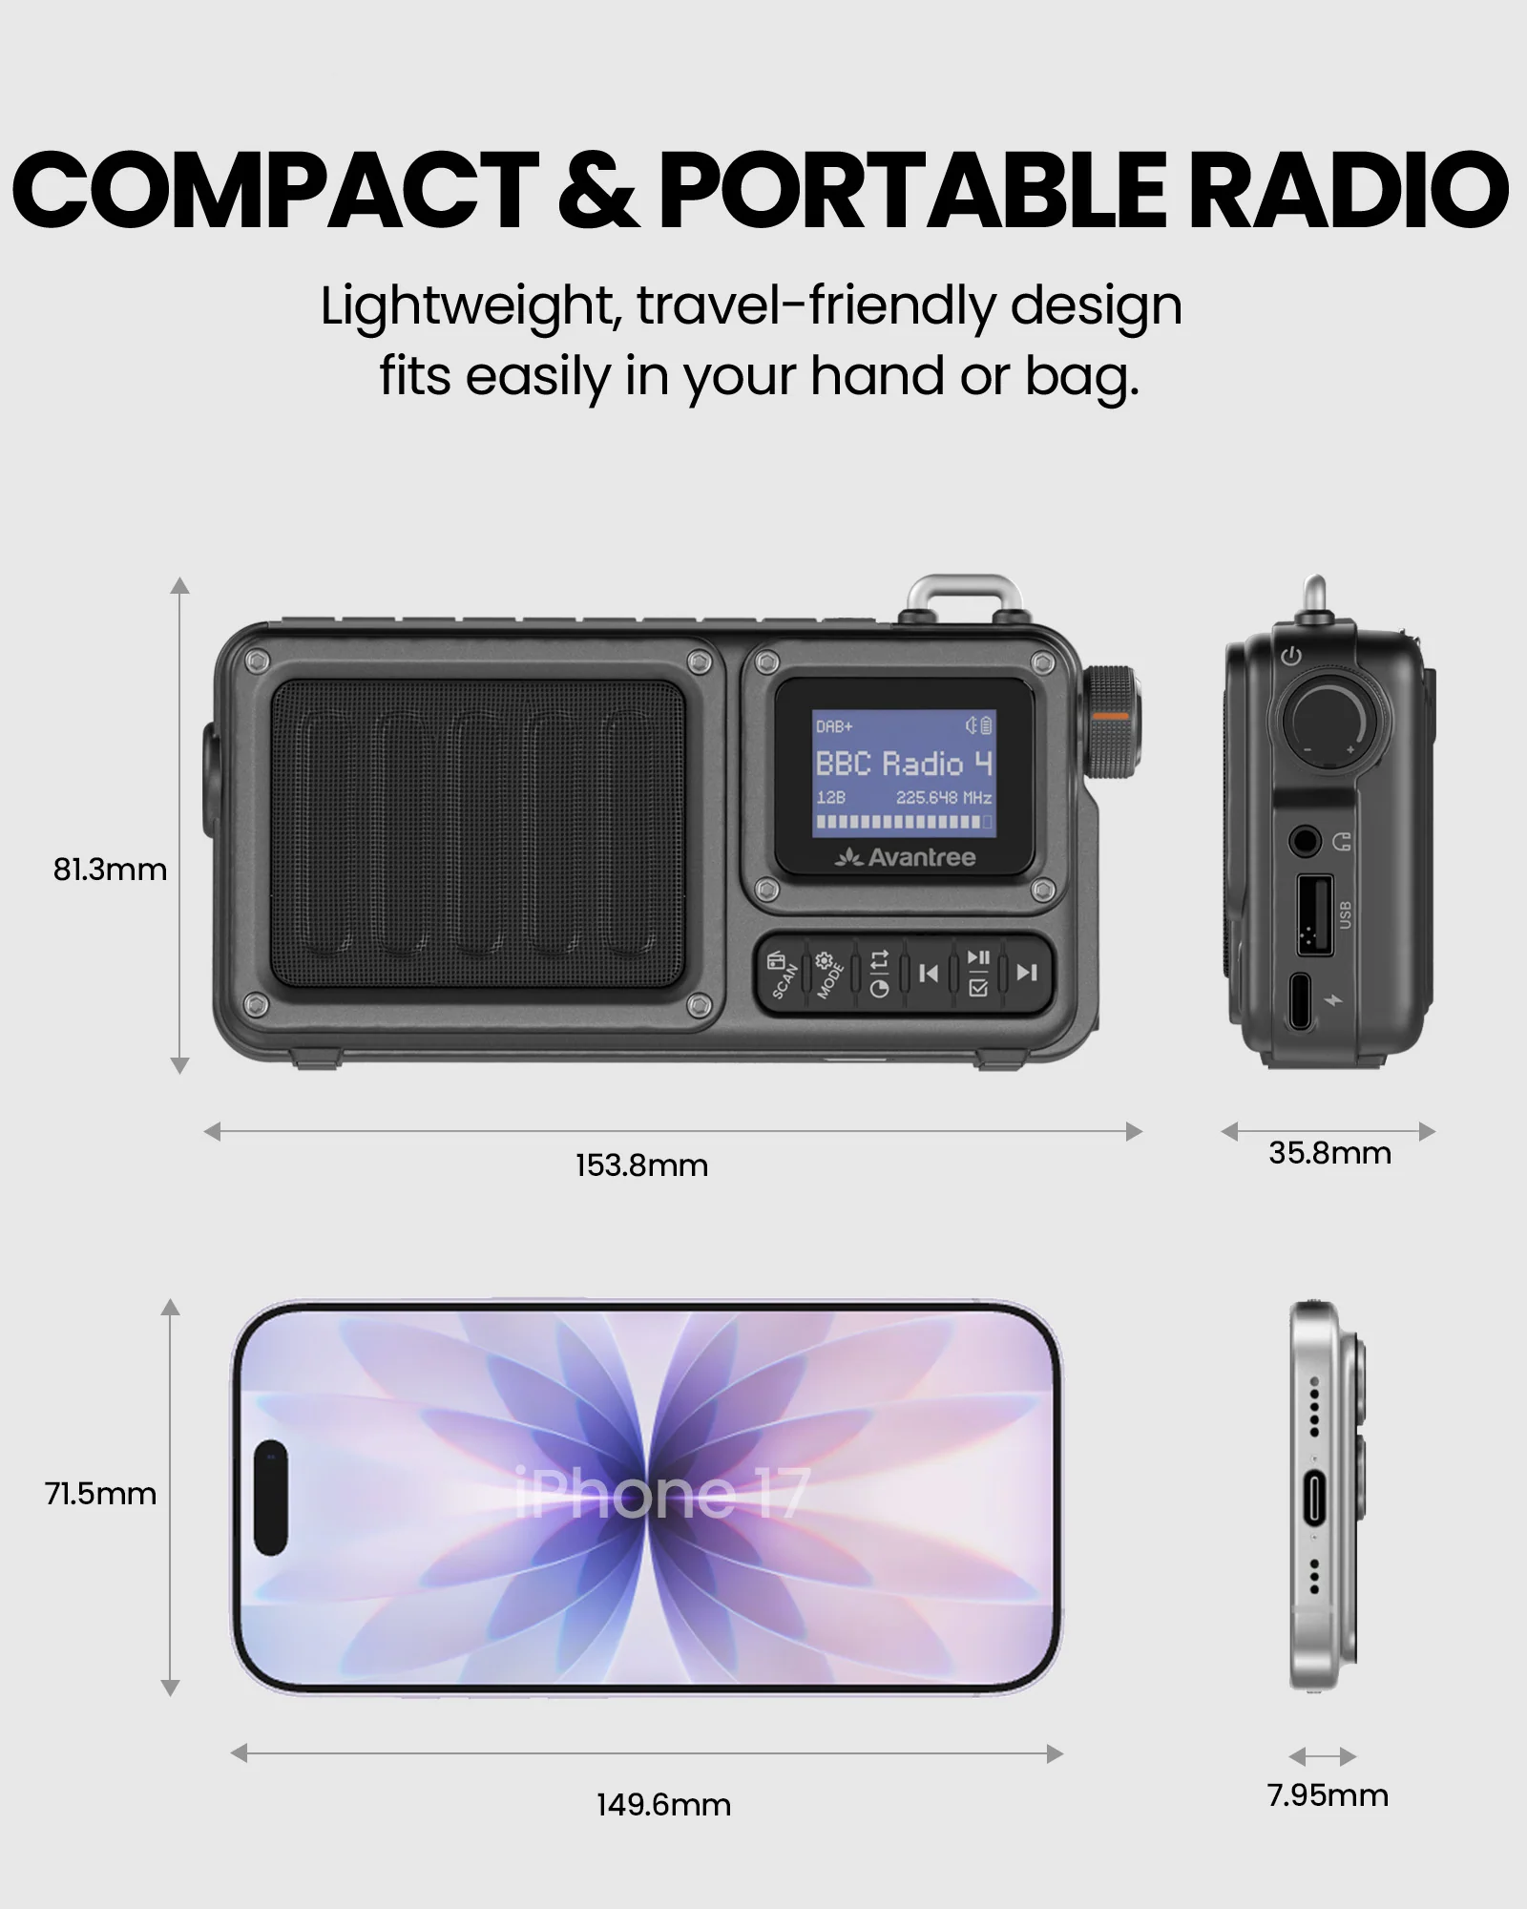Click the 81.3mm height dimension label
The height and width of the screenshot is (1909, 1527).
(110, 870)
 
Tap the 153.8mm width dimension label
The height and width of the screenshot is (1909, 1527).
(641, 1165)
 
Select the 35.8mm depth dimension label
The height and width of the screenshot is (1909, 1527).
(1329, 1153)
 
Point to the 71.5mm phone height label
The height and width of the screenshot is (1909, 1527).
(100, 1493)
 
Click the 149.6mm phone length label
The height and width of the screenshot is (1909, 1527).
(663, 1805)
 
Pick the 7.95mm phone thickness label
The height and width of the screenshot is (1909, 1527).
(1328, 1795)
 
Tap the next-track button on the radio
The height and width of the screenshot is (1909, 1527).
(1027, 973)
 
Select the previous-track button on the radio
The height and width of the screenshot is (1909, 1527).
(928, 973)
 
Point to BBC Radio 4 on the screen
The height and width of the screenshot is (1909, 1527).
(903, 764)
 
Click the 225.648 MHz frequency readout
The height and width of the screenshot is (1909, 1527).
(943, 797)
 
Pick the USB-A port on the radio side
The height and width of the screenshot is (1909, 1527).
(1314, 914)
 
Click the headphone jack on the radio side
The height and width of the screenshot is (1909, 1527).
(1305, 842)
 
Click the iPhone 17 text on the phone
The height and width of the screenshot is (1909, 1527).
(662, 1494)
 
